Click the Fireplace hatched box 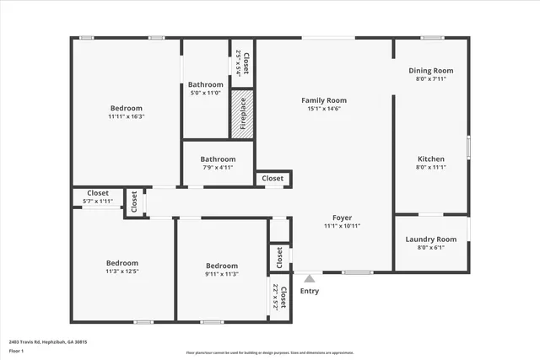pyautogui.click(x=242, y=112)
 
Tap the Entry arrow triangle pyautogui.click(x=310, y=278)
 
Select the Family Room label pyautogui.click(x=324, y=100)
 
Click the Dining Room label pyautogui.click(x=431, y=71)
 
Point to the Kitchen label pyautogui.click(x=431, y=159)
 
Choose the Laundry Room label pyautogui.click(x=431, y=239)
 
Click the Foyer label pyautogui.click(x=343, y=218)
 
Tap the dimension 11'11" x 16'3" pyautogui.click(x=126, y=116)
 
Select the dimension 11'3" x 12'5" pyautogui.click(x=121, y=271)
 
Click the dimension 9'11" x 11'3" pyautogui.click(x=222, y=273)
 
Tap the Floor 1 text pyautogui.click(x=16, y=350)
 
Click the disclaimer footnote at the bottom pyautogui.click(x=270, y=352)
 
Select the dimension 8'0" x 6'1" pyautogui.click(x=431, y=247)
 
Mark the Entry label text pyautogui.click(x=310, y=292)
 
